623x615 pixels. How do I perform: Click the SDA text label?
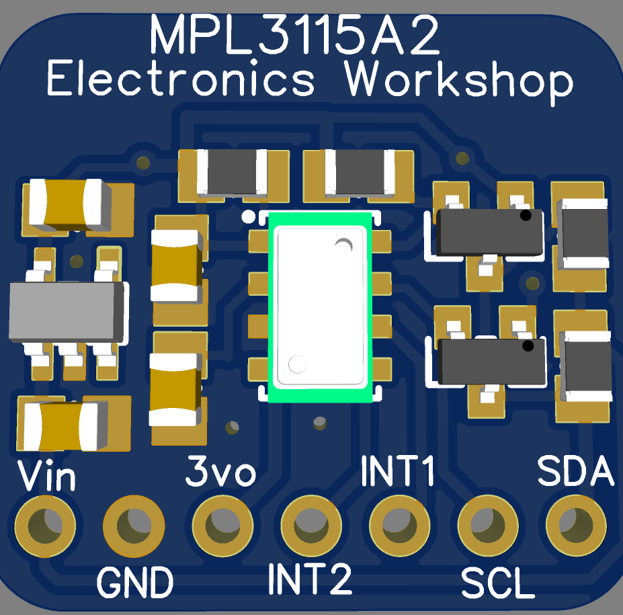point(576,472)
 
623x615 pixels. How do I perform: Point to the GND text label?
point(135,582)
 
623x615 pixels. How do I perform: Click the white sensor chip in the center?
point(321,306)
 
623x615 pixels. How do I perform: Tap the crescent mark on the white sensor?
point(345,246)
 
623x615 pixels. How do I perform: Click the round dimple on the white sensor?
point(296,364)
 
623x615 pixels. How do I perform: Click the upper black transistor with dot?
point(490,232)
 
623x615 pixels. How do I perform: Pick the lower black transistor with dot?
point(491,362)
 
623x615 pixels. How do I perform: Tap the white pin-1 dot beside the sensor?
point(248,216)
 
